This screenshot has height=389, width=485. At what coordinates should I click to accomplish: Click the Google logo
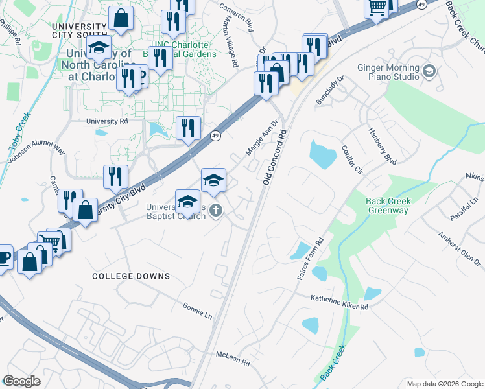click(x=21, y=381)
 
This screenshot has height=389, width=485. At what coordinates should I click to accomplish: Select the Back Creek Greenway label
click(x=388, y=206)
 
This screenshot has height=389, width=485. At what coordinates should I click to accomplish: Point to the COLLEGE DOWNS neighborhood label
click(x=131, y=276)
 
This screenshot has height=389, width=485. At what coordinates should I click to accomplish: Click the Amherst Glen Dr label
click(x=459, y=248)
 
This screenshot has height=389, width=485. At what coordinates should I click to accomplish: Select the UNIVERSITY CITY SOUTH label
click(x=78, y=30)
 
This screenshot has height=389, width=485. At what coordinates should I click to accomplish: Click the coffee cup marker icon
click(x=3, y=256)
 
